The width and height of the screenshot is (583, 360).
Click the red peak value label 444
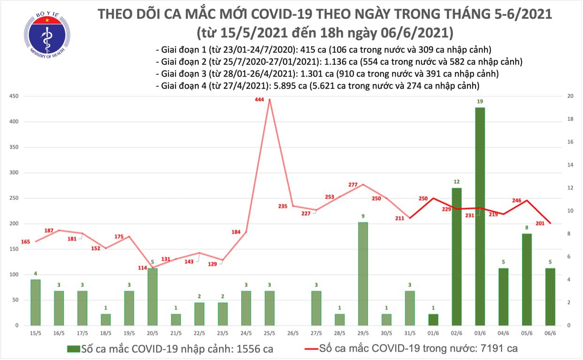tap(260, 100)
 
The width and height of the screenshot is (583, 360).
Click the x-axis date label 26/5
tap(292, 334)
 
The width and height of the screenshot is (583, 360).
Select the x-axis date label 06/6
tap(550, 334)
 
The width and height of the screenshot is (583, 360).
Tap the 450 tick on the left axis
tap(15, 96)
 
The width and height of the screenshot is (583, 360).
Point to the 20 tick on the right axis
tap(569, 96)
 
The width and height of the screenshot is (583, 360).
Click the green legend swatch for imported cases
tap(74, 349)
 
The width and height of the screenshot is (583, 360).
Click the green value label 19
tap(479, 101)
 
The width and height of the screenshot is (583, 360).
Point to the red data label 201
tap(540, 223)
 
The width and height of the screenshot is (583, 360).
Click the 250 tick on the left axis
tap(15, 198)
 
